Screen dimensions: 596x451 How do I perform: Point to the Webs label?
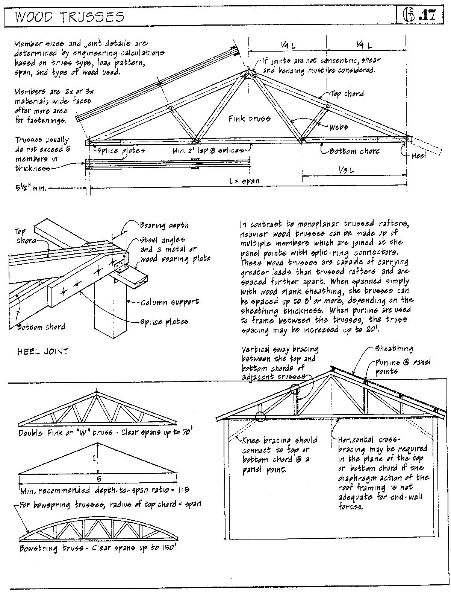click(x=339, y=127)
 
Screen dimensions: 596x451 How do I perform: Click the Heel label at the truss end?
click(x=418, y=155)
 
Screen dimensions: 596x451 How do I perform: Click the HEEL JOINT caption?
click(x=43, y=352)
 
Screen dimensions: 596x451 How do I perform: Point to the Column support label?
click(x=170, y=302)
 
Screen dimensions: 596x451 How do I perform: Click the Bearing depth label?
click(x=164, y=226)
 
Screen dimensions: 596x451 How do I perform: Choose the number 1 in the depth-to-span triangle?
click(x=94, y=458)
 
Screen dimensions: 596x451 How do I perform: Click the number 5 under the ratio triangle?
click(x=99, y=479)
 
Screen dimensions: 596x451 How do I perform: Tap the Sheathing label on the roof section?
click(x=393, y=349)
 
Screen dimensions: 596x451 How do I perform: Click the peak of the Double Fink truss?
click(x=96, y=392)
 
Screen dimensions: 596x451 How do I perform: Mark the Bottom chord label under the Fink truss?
click(x=354, y=151)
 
